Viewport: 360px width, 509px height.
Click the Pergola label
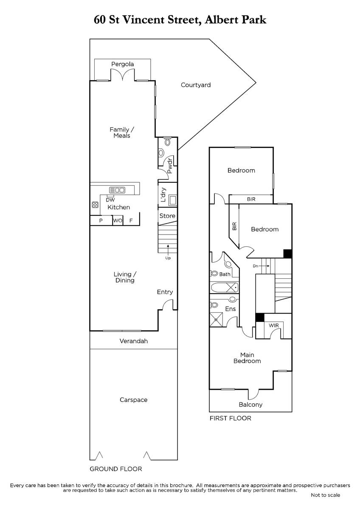tap(122, 64)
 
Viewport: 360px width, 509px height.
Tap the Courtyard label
tap(196, 85)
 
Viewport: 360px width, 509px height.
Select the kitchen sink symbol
tap(117, 190)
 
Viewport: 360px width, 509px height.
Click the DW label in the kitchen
tap(110, 200)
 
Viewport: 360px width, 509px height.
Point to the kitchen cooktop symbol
tap(95, 205)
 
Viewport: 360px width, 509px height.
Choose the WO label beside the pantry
tap(118, 221)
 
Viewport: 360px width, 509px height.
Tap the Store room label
tap(167, 216)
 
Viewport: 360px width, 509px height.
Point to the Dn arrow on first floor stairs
tap(265, 266)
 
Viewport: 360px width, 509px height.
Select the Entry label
tap(165, 292)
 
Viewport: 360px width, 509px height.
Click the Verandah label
tap(134, 341)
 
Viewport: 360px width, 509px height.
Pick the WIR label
tap(273, 325)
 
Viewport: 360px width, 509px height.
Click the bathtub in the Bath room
tap(225, 288)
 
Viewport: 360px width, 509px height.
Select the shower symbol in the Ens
tap(216, 320)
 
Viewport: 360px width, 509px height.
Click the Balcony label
tap(250, 405)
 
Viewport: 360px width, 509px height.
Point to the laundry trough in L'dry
tap(173, 201)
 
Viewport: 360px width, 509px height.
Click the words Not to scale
tap(326, 495)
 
